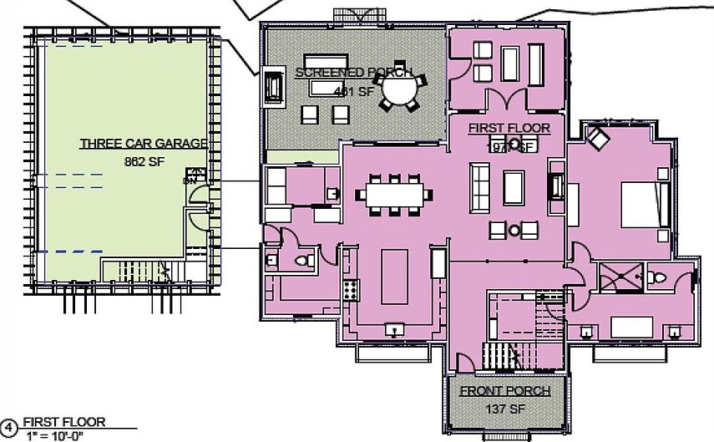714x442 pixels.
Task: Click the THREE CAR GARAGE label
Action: pos(142,144)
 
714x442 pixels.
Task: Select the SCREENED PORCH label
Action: pos(353,73)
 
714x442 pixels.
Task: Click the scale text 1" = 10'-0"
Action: pos(53,435)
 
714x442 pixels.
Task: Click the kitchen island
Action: pos(394,277)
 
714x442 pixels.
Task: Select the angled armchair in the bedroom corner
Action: pos(598,138)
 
